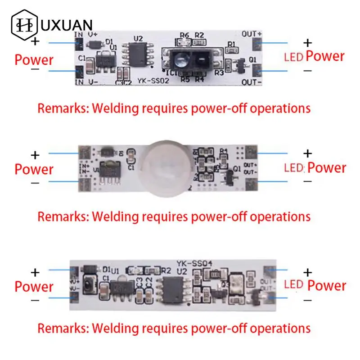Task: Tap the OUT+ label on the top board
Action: pyautogui.click(x=252, y=34)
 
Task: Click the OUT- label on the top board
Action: pyautogui.click(x=252, y=82)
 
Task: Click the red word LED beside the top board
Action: pyautogui.click(x=293, y=57)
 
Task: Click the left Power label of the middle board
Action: pyautogui.click(x=34, y=169)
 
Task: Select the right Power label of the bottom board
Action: pyautogui.click(x=327, y=286)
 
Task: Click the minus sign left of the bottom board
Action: pyautogui.click(x=36, y=300)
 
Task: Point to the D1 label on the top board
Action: pyautogui.click(x=109, y=41)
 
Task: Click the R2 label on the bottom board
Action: pyautogui.click(x=166, y=271)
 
